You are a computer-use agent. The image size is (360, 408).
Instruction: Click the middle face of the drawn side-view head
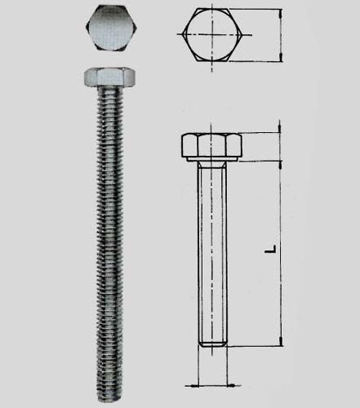(213, 146)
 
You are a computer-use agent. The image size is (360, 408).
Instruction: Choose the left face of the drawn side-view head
(188, 147)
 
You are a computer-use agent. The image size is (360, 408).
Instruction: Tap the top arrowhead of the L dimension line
(279, 162)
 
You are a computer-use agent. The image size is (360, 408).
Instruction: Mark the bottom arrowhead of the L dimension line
(279, 344)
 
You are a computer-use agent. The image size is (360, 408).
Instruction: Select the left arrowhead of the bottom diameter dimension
(196, 385)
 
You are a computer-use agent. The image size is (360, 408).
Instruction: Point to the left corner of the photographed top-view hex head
(84, 30)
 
